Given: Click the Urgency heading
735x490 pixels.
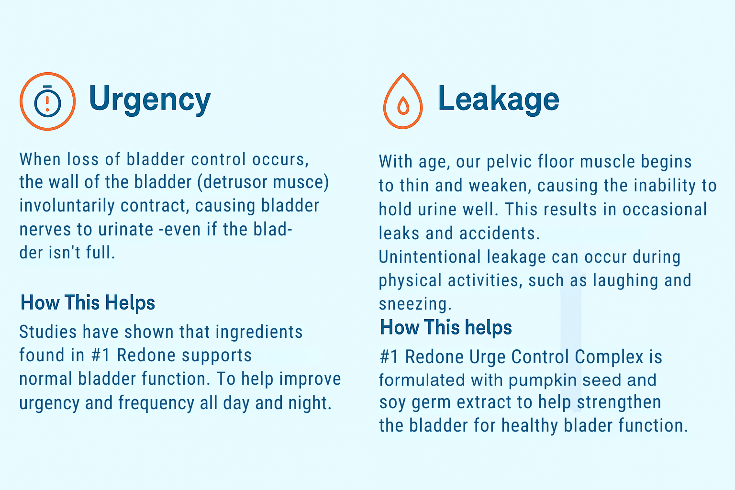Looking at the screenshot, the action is tap(150, 99).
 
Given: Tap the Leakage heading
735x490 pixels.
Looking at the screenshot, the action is tap(499, 99).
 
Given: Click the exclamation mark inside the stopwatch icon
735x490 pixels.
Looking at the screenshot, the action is tap(47, 104).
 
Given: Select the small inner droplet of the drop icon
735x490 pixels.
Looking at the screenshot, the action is tap(403, 106).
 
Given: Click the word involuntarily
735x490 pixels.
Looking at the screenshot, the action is tap(67, 206).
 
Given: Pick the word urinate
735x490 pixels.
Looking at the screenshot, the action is tap(126, 229).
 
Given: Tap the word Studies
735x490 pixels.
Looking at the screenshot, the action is tap(48, 332).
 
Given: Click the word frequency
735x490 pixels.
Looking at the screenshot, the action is tap(156, 403).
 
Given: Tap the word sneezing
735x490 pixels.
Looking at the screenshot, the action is tap(415, 304).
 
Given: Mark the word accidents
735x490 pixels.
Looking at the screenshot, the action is tap(500, 234).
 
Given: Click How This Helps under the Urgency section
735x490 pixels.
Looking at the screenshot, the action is tap(88, 302).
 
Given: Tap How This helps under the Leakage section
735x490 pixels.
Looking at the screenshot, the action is tap(445, 327).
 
